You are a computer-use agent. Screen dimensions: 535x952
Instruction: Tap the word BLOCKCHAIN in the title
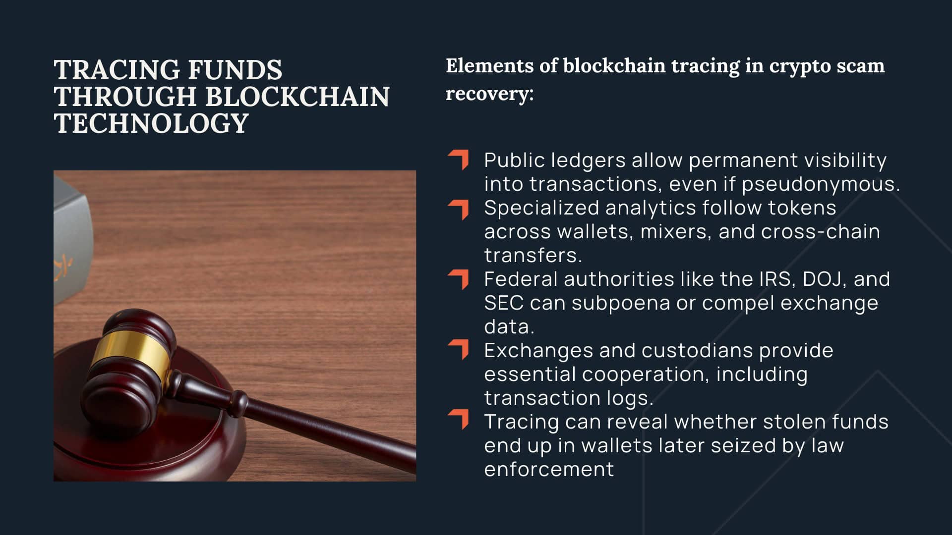tap(297, 97)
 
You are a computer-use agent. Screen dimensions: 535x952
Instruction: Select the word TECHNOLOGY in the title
tap(151, 123)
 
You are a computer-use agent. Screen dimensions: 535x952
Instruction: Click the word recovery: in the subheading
tap(489, 94)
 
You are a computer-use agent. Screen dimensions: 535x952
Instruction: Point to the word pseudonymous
tap(821, 184)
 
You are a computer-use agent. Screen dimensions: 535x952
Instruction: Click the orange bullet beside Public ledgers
tap(459, 160)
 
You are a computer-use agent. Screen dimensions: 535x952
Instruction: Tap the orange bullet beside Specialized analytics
tap(459, 209)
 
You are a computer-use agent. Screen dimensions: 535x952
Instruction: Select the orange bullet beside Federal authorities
tap(459, 279)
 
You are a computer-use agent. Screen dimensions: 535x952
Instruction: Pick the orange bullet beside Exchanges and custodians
tap(459, 349)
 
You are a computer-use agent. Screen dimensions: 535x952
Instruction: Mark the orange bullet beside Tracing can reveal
tap(459, 419)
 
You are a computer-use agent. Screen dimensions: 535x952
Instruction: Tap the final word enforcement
tap(549, 470)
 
